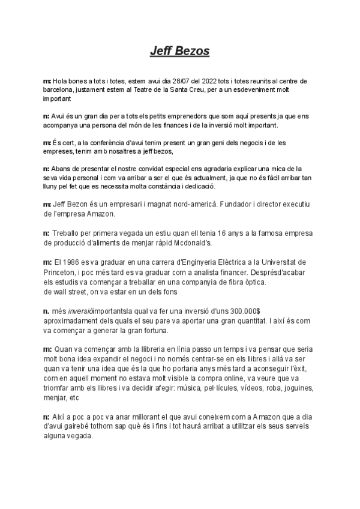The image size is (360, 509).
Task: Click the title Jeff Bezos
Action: (x=179, y=51)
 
